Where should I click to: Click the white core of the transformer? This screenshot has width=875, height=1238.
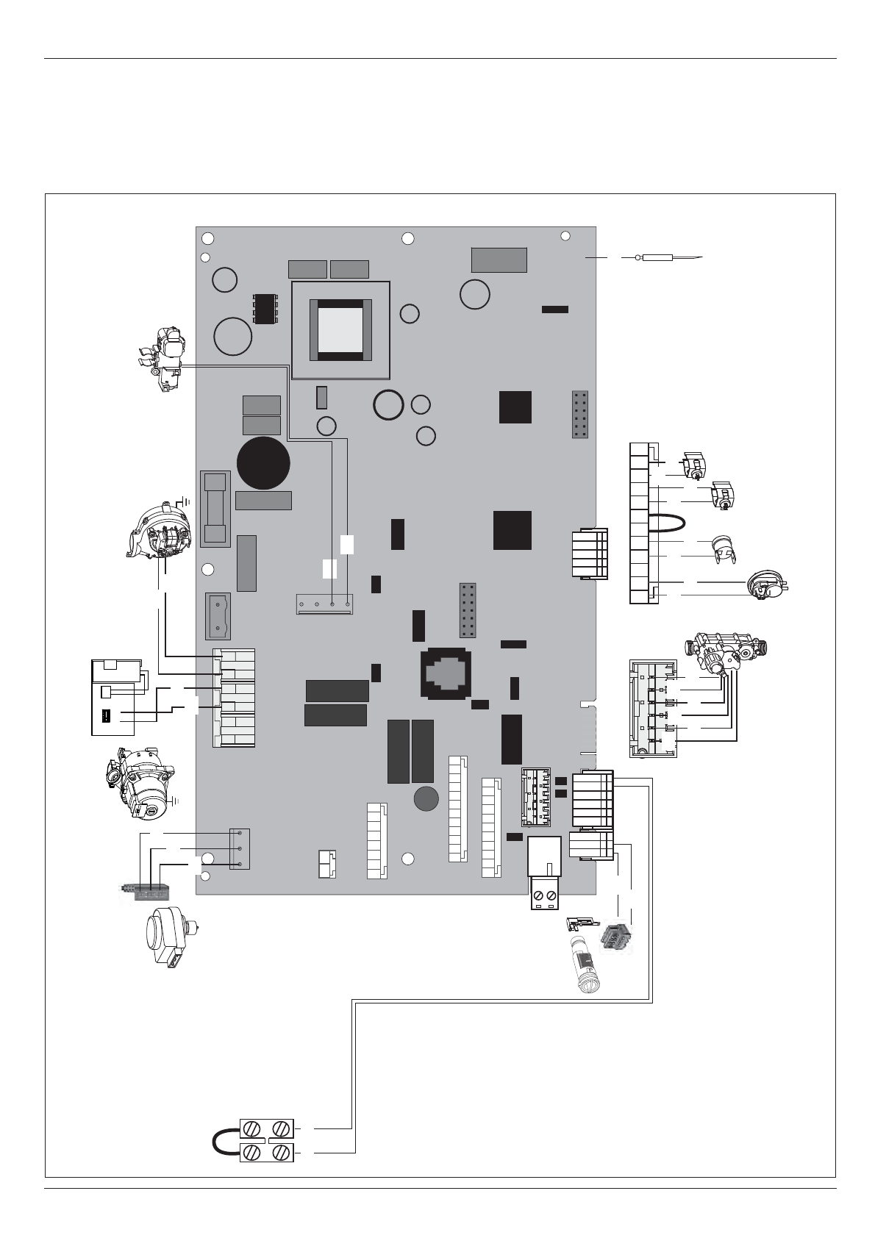click(340, 330)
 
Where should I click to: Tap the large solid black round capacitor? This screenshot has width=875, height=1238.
click(264, 463)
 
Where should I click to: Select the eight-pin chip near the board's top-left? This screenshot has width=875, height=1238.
click(265, 308)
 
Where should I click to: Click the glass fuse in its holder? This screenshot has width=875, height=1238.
click(215, 509)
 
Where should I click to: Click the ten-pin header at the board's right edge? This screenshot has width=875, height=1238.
click(580, 415)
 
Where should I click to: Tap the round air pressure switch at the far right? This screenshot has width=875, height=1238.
click(765, 584)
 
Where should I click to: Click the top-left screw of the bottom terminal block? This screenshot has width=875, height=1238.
click(251, 1127)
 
